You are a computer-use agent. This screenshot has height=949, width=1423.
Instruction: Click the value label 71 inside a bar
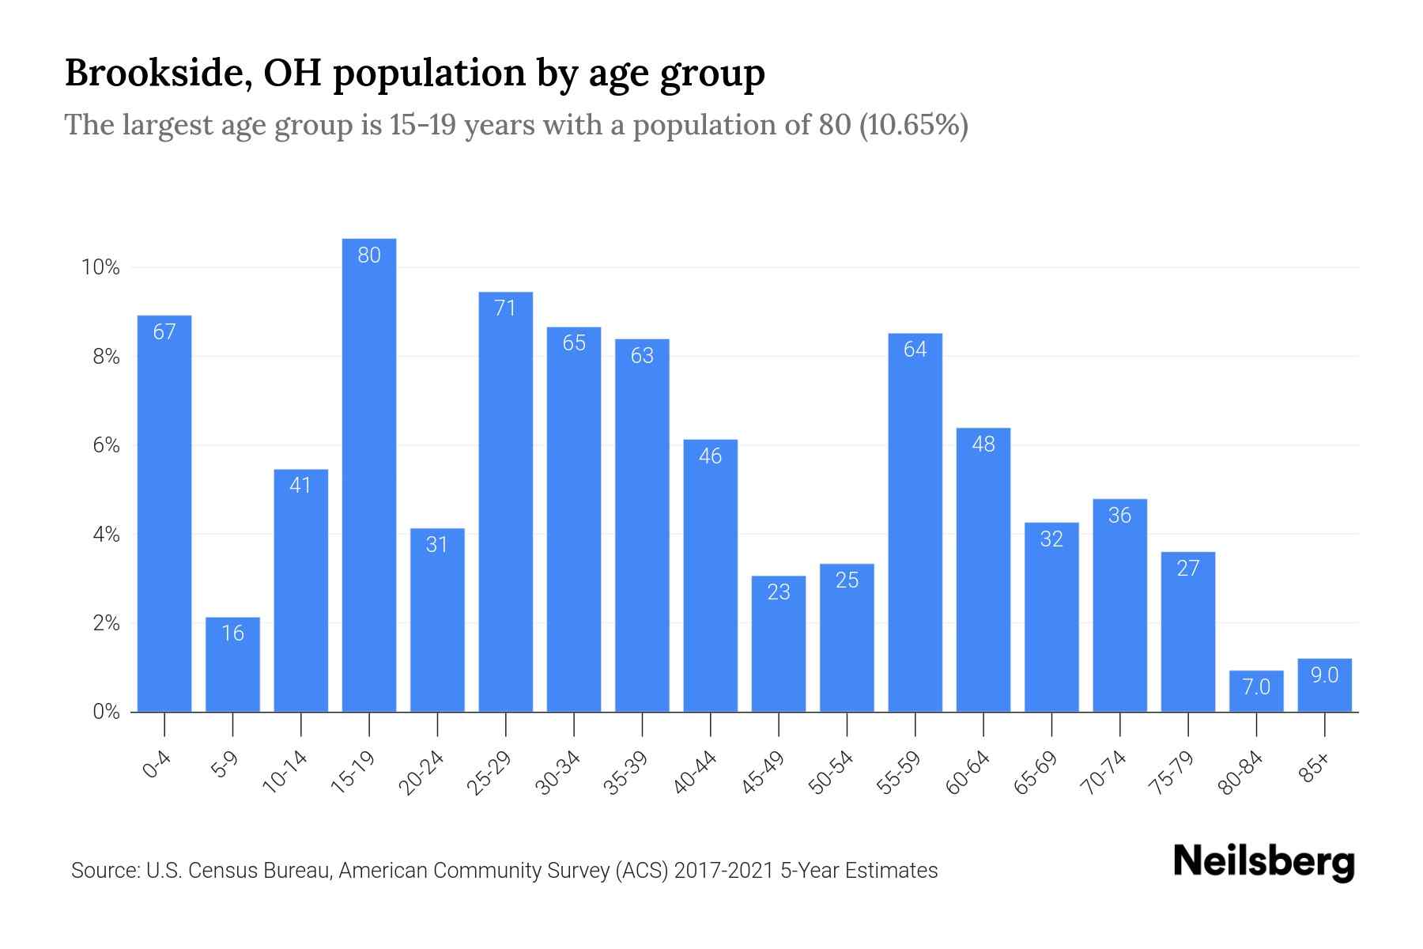click(x=505, y=308)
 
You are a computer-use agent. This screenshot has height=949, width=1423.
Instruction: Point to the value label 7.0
click(x=1255, y=686)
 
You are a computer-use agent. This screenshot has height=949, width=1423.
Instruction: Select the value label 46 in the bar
click(x=710, y=456)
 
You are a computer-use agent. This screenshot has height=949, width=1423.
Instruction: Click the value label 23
click(x=779, y=592)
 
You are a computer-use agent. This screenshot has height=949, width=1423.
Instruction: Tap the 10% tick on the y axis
click(x=100, y=267)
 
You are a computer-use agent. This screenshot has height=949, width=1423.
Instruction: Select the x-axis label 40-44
click(x=695, y=773)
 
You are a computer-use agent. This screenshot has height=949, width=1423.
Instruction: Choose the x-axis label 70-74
click(x=1104, y=773)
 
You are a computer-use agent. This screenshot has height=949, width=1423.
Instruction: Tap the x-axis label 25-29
click(x=489, y=773)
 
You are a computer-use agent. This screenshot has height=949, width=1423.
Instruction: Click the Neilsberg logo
click(x=1263, y=862)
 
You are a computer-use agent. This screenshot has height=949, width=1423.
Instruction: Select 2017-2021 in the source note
click(x=723, y=871)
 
